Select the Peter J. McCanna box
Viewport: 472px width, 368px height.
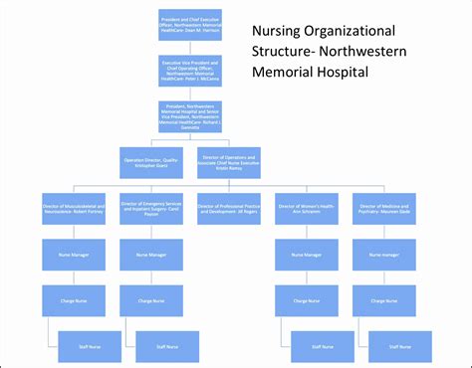190,72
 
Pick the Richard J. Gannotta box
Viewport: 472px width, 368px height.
190,116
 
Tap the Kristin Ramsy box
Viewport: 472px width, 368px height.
229,161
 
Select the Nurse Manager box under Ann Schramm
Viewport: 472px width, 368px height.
307,255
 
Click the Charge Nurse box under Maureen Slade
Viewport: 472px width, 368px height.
385,300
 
